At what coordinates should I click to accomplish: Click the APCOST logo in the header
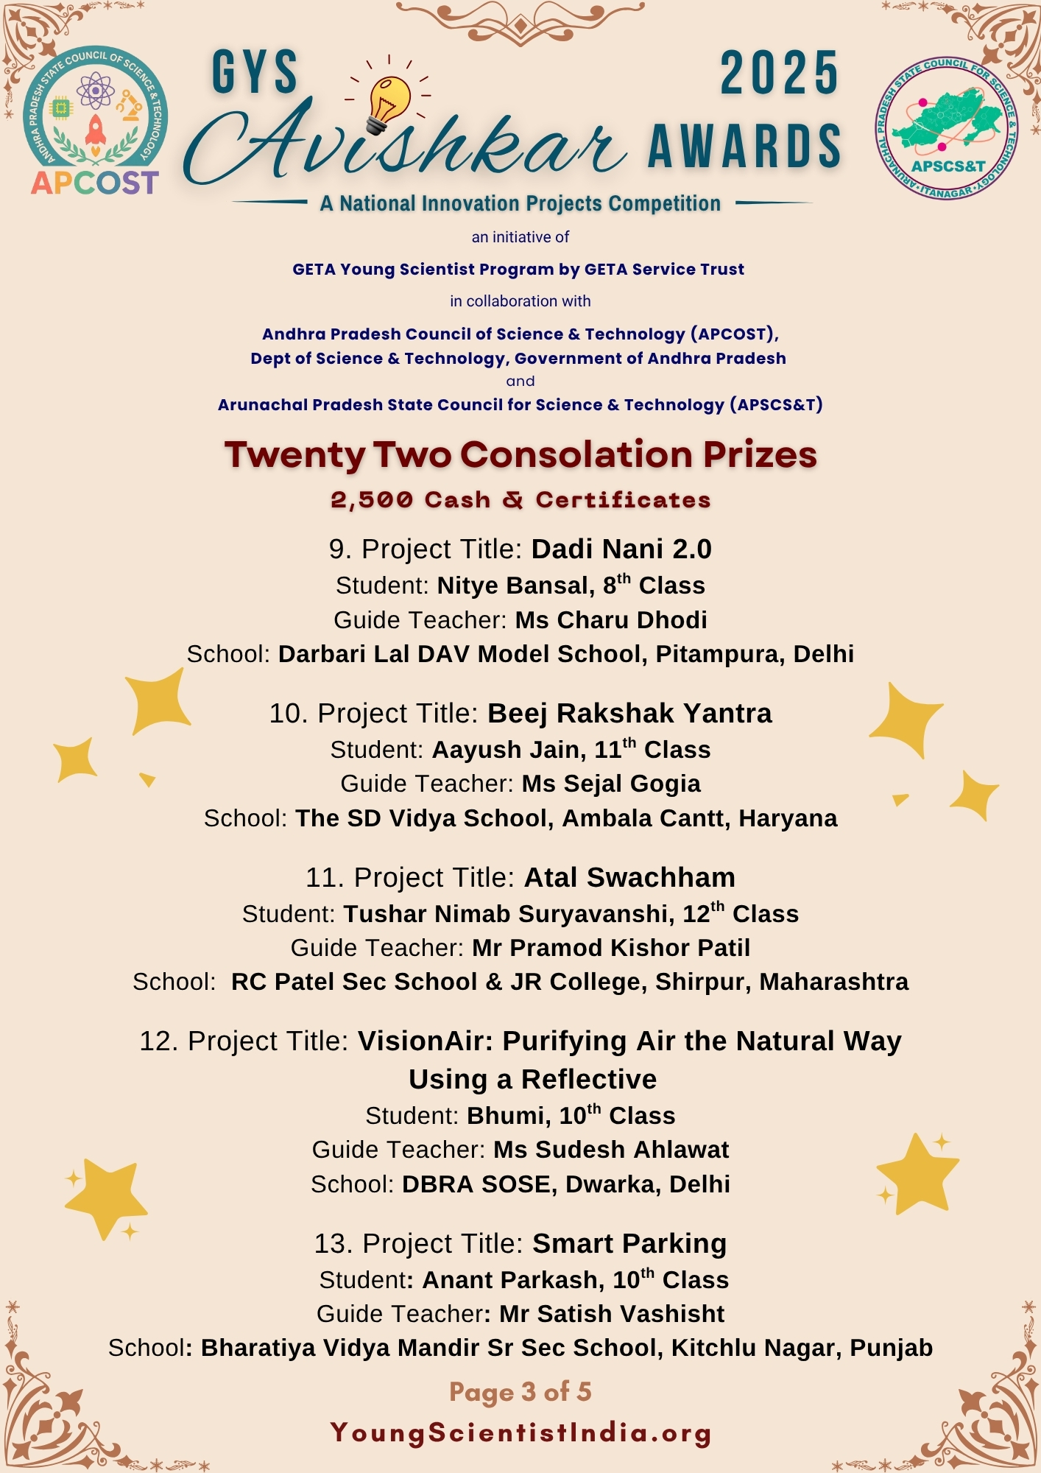(95, 121)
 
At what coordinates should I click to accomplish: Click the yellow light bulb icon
(387, 103)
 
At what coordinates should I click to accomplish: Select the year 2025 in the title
(780, 74)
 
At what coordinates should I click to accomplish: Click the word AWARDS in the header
(744, 146)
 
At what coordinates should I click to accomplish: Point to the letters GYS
(255, 74)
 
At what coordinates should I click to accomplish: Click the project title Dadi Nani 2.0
(621, 549)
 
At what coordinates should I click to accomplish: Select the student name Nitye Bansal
(515, 586)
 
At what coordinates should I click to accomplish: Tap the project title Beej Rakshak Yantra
(629, 714)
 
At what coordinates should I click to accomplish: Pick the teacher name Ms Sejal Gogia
(611, 784)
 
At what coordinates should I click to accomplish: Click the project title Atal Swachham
(629, 878)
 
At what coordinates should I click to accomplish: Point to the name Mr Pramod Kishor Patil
(611, 948)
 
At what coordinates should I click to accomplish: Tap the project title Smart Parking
(629, 1244)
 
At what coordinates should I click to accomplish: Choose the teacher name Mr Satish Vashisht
(612, 1314)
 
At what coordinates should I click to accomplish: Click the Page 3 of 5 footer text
(520, 1392)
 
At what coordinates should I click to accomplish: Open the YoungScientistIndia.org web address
(520, 1432)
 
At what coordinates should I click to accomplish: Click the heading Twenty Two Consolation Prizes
(520, 454)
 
